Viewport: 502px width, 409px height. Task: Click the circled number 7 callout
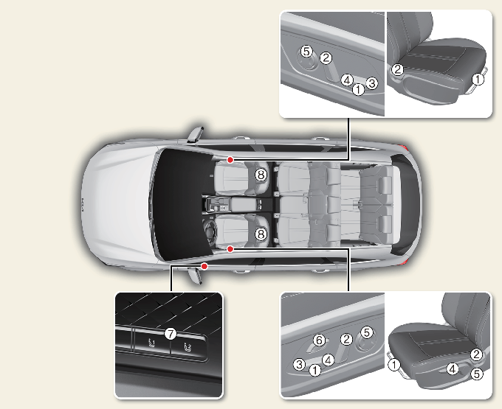[x=171, y=335]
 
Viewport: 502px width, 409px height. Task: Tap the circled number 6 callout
[x=319, y=340]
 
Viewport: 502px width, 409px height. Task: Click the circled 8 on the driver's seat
[x=261, y=234]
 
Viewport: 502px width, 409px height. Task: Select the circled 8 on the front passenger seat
[x=261, y=175]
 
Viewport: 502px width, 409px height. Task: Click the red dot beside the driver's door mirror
[x=204, y=266]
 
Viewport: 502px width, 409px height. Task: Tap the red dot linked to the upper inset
[x=230, y=160]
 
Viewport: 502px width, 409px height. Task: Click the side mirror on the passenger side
[x=196, y=134]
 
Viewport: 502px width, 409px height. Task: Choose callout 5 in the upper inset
[x=306, y=51]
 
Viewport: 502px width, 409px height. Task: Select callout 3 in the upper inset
[x=371, y=83]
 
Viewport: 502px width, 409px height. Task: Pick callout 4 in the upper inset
[x=347, y=80]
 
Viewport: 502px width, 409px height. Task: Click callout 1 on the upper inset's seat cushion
[x=478, y=79]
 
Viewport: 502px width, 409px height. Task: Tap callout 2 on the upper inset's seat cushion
[x=398, y=69]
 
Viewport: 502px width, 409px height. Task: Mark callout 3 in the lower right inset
[x=299, y=364]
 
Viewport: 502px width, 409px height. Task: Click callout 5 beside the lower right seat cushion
[x=477, y=374]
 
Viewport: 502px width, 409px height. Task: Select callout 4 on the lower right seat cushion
[x=452, y=369]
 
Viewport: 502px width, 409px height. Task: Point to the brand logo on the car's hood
[x=82, y=206]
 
